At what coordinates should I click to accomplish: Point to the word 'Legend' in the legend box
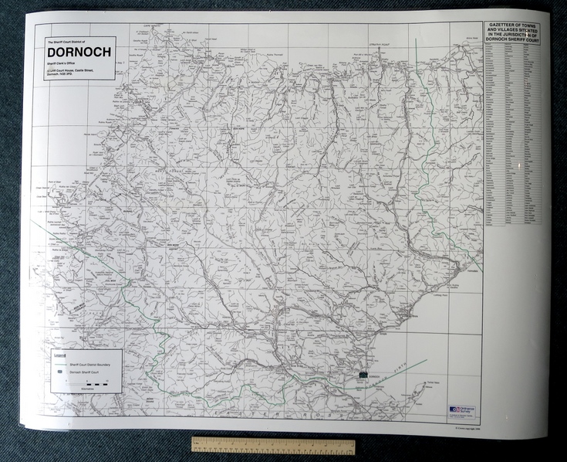tap(59, 355)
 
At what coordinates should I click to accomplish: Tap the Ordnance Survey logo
tap(462, 410)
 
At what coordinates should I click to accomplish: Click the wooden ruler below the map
tap(273, 446)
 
